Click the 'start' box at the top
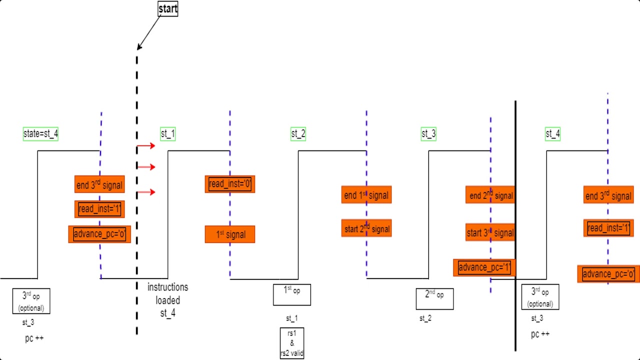pos(168,8)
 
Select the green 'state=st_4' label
pos(40,134)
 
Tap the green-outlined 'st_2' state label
pos(298,134)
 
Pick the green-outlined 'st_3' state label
pos(428,134)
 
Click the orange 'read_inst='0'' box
pos(230,184)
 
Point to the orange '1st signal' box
pos(230,234)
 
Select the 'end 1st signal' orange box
pos(366,195)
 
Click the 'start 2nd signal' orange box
pos(366,228)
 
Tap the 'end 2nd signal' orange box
pos(490,195)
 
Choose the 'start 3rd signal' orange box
pos(490,232)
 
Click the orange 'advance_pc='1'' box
pos(484,267)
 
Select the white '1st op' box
pos(292,294)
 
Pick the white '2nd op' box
pos(434,298)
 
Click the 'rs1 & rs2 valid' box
pos(292,343)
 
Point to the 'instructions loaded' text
pos(168,294)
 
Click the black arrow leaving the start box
pos(148,32)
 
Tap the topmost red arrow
pos(146,146)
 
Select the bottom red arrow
pos(146,192)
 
